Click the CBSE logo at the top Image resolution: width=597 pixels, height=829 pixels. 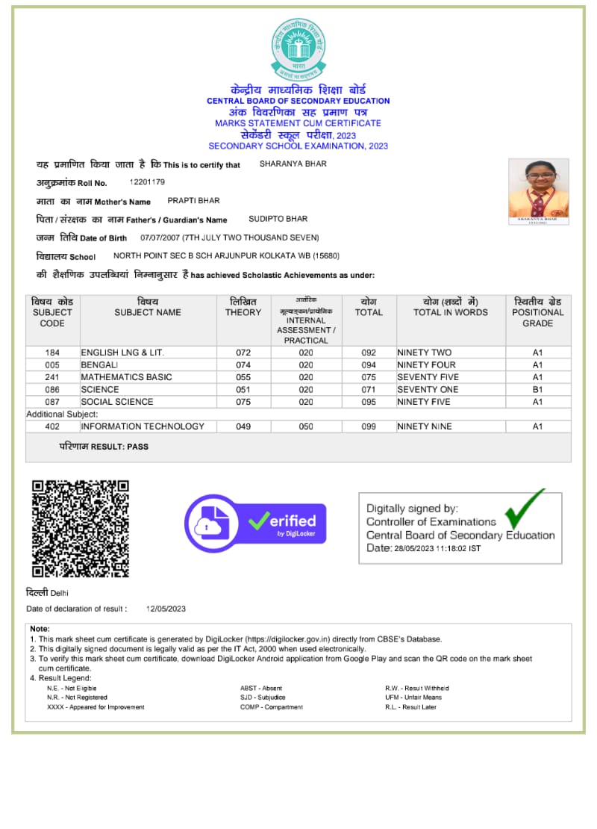[x=298, y=50]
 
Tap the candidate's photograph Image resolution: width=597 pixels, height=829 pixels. [x=538, y=191]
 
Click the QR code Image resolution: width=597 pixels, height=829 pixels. [x=80, y=528]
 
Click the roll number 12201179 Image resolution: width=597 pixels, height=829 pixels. [x=147, y=182]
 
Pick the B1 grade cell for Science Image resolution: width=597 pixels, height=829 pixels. [x=537, y=389]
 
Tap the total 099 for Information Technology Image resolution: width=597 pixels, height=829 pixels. [x=369, y=426]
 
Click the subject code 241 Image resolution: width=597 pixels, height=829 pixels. [x=52, y=377]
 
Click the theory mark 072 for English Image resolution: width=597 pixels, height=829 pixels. [x=243, y=353]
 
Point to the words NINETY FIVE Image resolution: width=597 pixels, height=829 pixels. [x=424, y=402]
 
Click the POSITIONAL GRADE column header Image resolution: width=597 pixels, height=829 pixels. [x=538, y=312]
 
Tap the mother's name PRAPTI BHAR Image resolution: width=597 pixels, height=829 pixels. [x=193, y=201]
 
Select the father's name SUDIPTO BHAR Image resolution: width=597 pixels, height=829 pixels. [x=278, y=219]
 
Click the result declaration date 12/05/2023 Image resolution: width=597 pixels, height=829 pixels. [x=166, y=609]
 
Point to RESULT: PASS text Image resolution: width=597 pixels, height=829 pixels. [x=104, y=447]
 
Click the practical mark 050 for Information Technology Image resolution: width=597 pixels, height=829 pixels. [x=306, y=426]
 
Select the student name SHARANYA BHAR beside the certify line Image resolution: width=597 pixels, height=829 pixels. [x=293, y=164]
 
